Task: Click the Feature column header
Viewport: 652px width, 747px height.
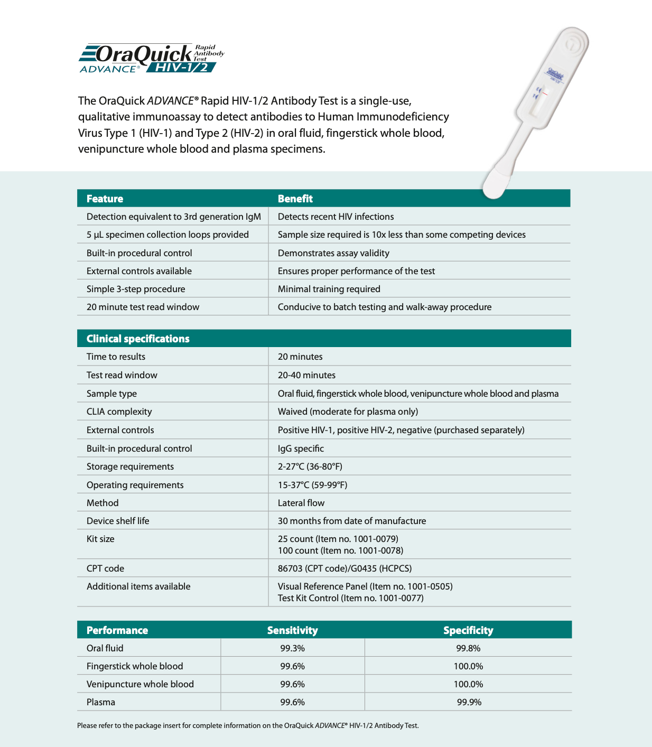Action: (x=105, y=199)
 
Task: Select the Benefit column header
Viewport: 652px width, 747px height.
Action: (x=295, y=199)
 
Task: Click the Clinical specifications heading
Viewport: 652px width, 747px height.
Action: (x=138, y=339)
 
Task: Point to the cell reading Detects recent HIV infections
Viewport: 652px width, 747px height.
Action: (x=336, y=217)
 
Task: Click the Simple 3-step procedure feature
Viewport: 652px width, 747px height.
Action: (x=136, y=289)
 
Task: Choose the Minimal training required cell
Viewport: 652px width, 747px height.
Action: (x=329, y=289)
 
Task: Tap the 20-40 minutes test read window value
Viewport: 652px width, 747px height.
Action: (x=306, y=375)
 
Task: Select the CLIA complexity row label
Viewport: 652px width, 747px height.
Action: (x=119, y=412)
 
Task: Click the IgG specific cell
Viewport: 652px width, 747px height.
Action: (x=301, y=449)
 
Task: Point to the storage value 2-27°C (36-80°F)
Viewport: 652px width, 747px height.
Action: (x=310, y=466)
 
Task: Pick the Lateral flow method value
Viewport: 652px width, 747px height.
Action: (x=301, y=503)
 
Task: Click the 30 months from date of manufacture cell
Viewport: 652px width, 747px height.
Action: (x=352, y=521)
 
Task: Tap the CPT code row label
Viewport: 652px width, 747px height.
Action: (x=105, y=568)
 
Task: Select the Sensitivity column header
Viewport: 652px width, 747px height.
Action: (x=292, y=630)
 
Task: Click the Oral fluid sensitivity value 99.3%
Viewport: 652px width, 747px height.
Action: (x=292, y=648)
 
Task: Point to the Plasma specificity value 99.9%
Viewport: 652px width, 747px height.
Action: (x=469, y=702)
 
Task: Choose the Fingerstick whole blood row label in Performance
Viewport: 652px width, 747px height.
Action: (x=135, y=666)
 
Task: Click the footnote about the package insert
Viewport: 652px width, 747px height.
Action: (x=248, y=725)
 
